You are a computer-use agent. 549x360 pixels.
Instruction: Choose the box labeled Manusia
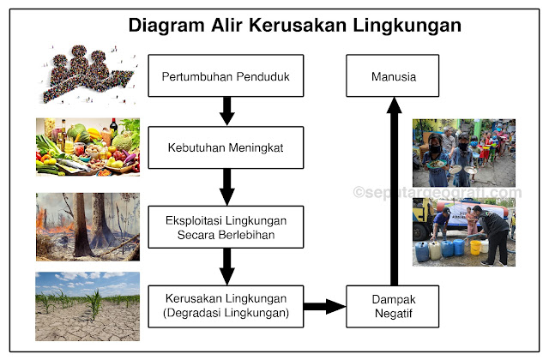click(x=393, y=76)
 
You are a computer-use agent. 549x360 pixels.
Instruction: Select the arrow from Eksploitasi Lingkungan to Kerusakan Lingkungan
click(x=226, y=267)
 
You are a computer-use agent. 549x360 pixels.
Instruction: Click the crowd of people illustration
click(x=86, y=76)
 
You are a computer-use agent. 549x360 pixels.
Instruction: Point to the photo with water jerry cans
click(x=463, y=231)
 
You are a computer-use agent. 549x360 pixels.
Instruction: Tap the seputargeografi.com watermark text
click(x=437, y=193)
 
